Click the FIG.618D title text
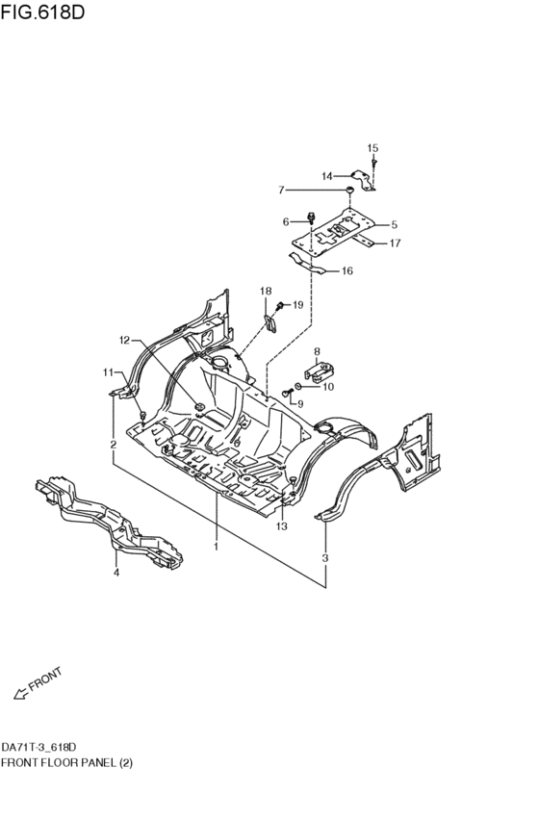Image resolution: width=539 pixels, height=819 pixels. pos(42,12)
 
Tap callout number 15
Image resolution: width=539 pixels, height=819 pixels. pos(372,148)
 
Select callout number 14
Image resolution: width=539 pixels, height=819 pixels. pos(327,176)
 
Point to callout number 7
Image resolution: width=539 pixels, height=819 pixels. pos(281,191)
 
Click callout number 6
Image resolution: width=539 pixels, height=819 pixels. pos(286,222)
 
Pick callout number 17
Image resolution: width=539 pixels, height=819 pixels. pos(395,243)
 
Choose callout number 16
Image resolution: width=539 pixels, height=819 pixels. pos(347,270)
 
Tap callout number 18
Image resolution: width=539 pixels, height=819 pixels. pos(266,291)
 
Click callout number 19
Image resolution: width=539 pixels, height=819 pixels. pos(297,304)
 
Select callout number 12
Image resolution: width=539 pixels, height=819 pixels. pos(124,341)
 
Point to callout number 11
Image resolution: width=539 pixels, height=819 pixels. pos(108,372)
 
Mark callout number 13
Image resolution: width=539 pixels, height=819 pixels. pos(281,526)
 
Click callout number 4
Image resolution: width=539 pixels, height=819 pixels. pos(116,573)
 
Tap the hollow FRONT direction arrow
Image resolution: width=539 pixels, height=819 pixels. pos(20,694)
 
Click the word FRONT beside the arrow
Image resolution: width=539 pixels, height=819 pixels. pos(45,679)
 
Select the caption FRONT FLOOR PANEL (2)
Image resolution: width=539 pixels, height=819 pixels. pos(66,763)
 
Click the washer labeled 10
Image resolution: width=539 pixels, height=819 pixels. pos(298,386)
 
